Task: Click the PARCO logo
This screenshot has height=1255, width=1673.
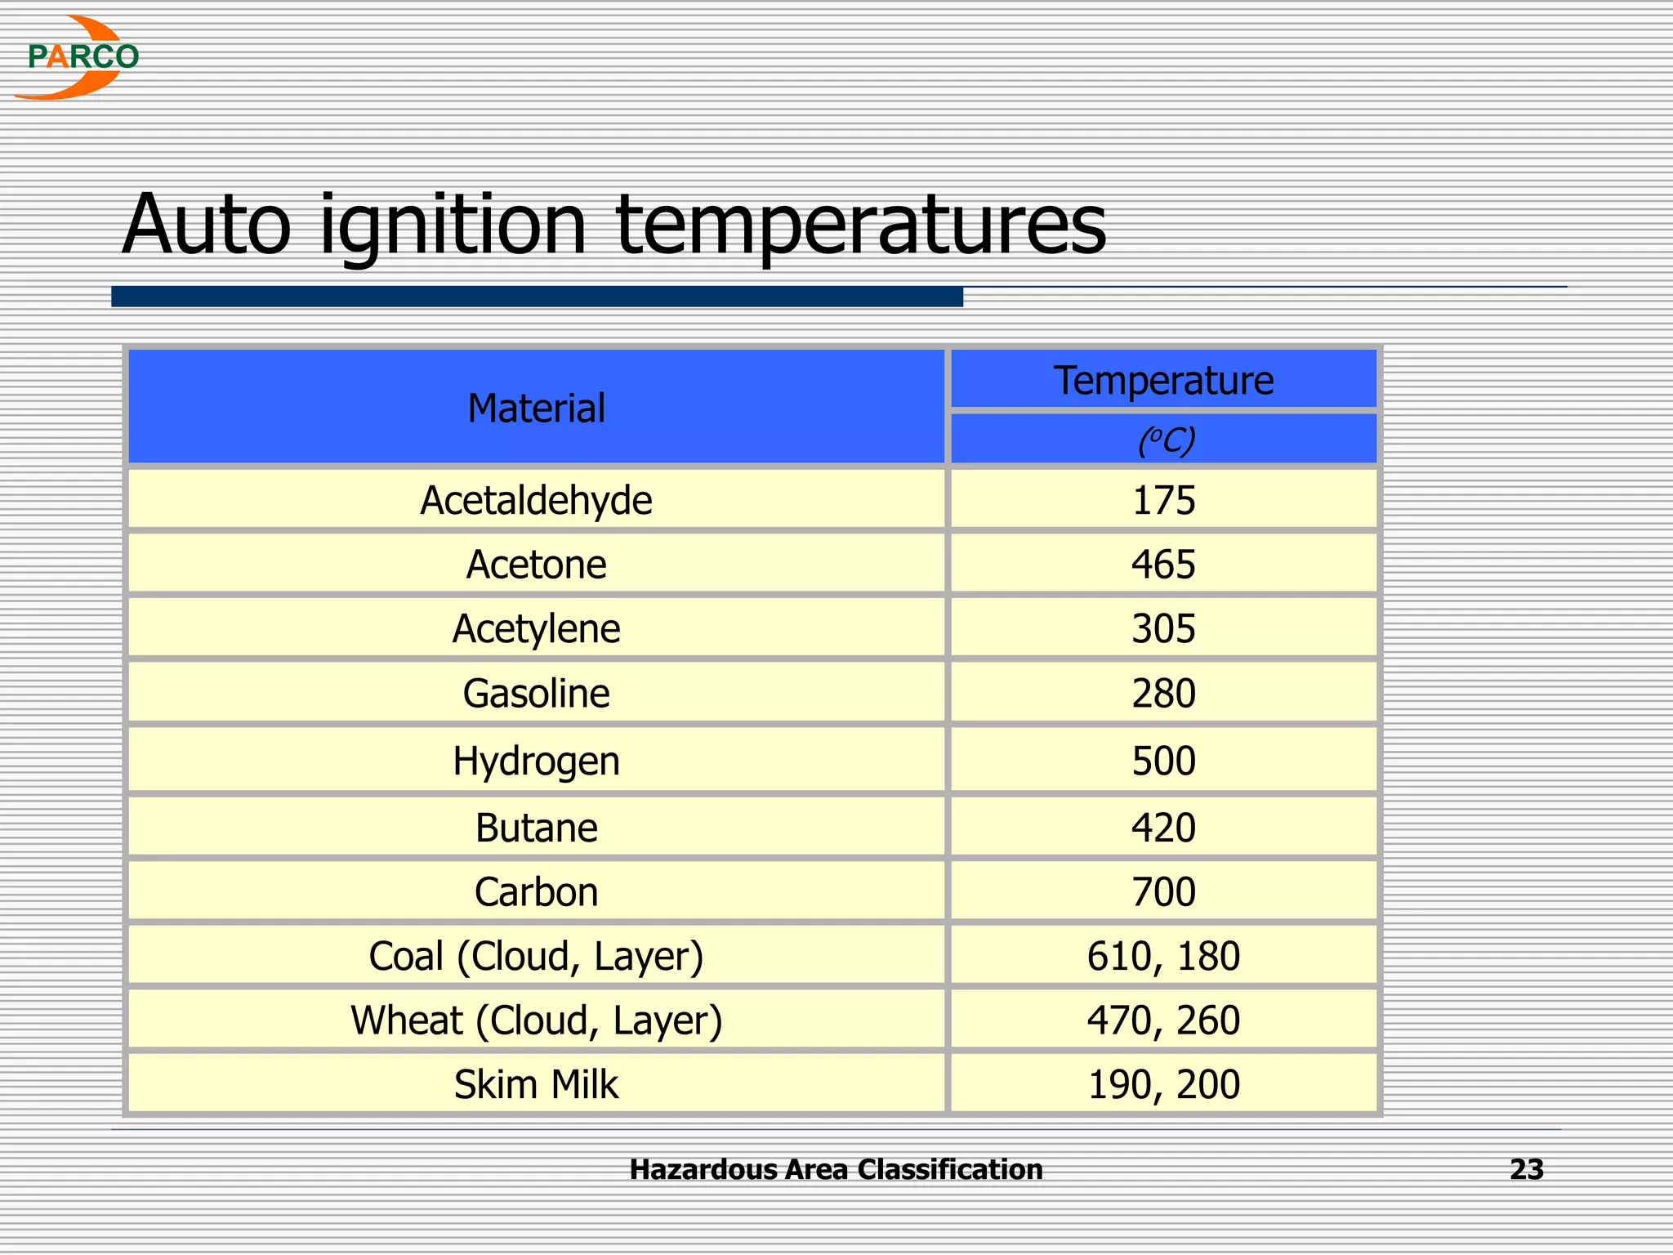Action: coord(78,57)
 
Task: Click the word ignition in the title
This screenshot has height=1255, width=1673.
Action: coord(452,225)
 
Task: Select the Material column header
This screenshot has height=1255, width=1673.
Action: coord(536,408)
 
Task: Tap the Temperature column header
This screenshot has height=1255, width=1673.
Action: coord(1163,380)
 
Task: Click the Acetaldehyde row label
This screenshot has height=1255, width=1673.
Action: coord(536,500)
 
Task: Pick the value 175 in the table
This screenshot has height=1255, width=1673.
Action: coord(1163,500)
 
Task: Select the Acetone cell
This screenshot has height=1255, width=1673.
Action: coord(536,565)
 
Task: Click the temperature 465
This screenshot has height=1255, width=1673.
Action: coord(1163,565)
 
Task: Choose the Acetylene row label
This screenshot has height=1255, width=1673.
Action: coord(536,629)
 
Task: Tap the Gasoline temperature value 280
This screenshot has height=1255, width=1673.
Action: coord(1163,694)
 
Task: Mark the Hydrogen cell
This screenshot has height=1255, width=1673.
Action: coord(536,761)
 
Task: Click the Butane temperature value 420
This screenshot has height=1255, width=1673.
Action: coord(1163,828)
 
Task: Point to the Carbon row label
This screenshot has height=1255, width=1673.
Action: coord(536,891)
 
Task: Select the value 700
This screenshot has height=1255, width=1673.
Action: coord(1163,891)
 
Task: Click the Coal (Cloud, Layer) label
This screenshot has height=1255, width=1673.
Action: coord(536,956)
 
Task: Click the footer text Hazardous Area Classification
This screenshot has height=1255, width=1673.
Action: coord(836,1170)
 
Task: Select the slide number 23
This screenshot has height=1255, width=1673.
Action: coord(1526,1170)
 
